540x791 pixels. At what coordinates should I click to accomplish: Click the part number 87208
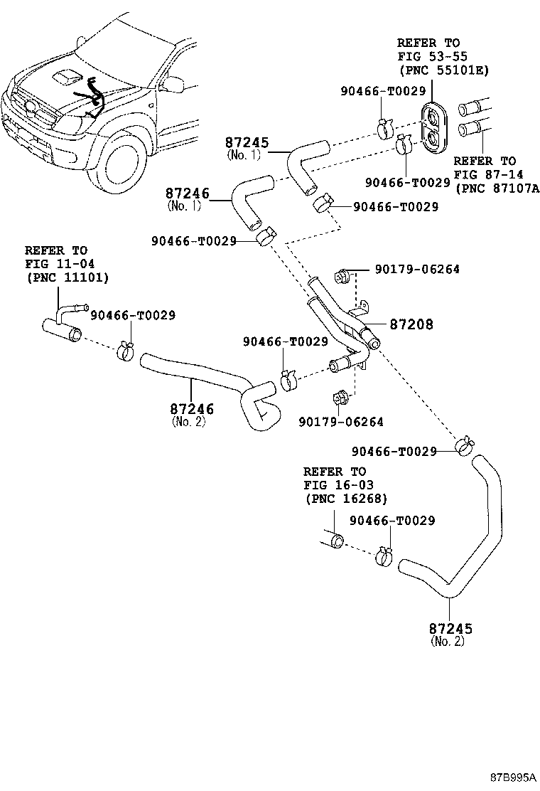411,324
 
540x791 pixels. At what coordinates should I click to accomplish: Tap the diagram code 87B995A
513,777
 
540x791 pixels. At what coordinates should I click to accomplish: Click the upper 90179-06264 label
417,269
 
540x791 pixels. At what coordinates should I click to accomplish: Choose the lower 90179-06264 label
341,422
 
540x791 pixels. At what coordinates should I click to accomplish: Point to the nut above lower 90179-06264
340,398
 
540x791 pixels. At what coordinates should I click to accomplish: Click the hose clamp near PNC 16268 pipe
384,556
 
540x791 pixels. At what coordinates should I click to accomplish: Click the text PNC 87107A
497,189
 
